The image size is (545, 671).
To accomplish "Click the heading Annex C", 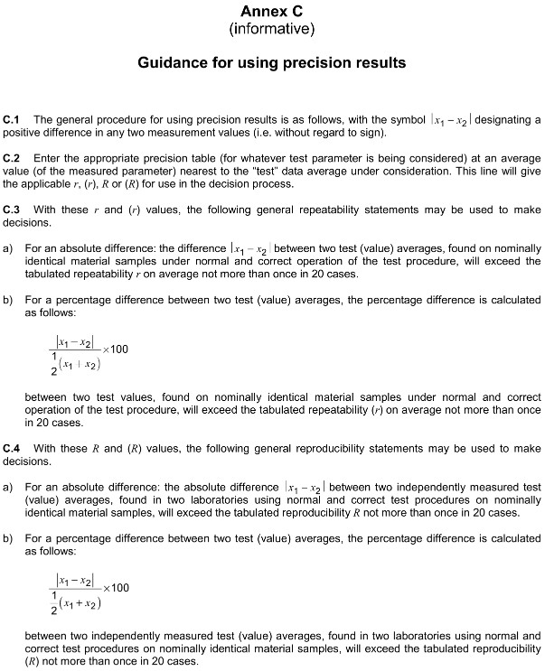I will point(271,12).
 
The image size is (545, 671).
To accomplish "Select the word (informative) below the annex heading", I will point(271,30).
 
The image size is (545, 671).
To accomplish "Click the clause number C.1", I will point(12,119).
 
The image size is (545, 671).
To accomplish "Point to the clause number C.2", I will point(12,157).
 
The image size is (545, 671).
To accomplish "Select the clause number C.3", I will point(12,209).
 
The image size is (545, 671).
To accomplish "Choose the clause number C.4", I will point(12,448).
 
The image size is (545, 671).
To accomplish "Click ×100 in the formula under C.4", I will point(117,588).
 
